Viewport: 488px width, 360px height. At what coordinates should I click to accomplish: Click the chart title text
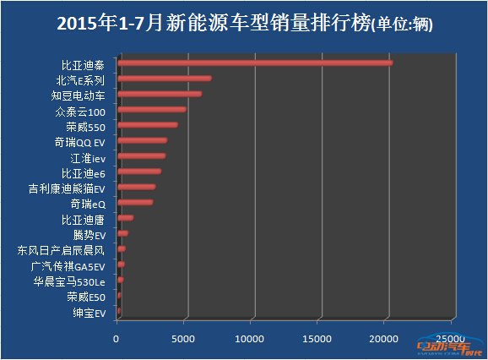coord(243,24)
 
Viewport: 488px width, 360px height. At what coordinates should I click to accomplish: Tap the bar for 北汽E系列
coord(165,79)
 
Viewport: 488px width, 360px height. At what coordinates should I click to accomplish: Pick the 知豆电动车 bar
coord(160,94)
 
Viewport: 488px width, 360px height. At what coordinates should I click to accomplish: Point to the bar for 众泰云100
coord(152,109)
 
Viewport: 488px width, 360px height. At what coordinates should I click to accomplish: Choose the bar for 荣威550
coord(148,125)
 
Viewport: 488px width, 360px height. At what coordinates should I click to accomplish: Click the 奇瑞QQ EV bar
coord(143,140)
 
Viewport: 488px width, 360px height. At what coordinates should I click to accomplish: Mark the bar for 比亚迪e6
coord(139,172)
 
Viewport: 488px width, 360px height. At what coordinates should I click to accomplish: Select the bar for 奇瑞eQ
coord(135,203)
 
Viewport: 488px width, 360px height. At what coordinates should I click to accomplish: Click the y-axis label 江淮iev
coord(87,157)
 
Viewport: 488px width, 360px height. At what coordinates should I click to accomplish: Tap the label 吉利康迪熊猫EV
coord(66,188)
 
